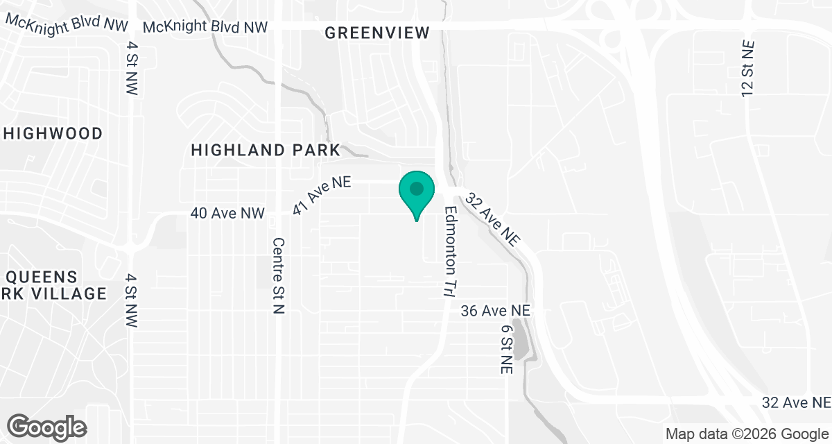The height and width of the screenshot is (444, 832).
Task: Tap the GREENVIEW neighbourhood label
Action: click(x=377, y=33)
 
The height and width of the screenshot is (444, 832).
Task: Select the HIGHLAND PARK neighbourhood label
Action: click(x=266, y=150)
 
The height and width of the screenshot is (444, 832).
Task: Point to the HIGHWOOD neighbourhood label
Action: click(x=53, y=133)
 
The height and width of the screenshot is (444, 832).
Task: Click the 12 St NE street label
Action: click(x=747, y=67)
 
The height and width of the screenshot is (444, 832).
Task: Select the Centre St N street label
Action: click(x=278, y=276)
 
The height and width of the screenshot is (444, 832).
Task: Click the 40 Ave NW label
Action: click(x=227, y=214)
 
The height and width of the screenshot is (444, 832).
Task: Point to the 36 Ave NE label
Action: click(x=496, y=311)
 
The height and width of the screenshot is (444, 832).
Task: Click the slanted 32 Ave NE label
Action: click(x=493, y=219)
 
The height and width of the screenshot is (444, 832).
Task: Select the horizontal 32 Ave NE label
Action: click(x=796, y=402)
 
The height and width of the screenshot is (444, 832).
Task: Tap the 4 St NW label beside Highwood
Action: click(x=132, y=68)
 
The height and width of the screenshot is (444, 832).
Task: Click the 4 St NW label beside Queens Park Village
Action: click(x=132, y=300)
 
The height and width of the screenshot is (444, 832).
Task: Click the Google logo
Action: click(x=47, y=426)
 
